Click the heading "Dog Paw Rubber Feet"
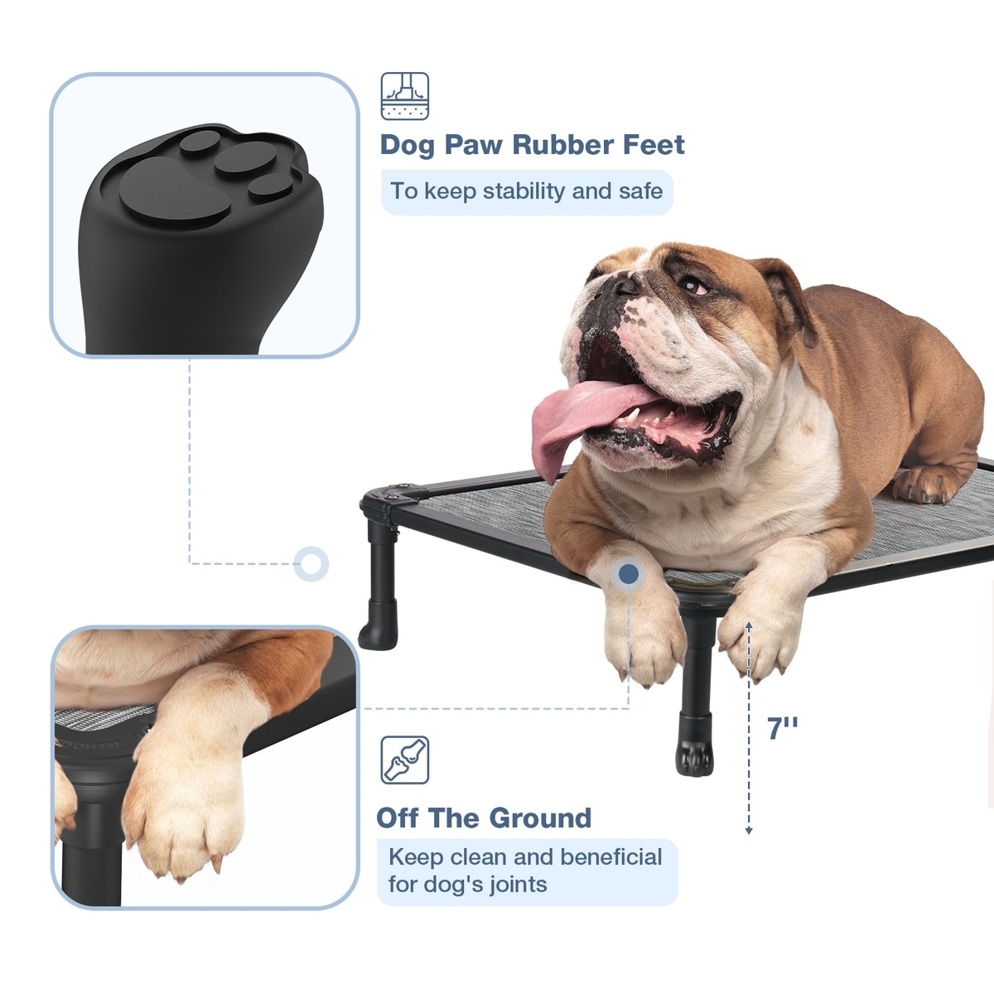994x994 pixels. [532, 144]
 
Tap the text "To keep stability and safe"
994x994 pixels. [526, 191]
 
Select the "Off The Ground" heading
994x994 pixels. [484, 818]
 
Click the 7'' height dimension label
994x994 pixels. [782, 728]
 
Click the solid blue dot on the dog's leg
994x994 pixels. [628, 573]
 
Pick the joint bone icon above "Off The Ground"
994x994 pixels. [405, 760]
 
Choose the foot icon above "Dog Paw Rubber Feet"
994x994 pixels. [405, 96]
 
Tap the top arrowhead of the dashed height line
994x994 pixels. [749, 626]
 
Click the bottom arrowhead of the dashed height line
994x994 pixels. [749, 831]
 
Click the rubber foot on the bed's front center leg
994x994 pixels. [695, 744]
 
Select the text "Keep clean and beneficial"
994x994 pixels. [525, 856]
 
